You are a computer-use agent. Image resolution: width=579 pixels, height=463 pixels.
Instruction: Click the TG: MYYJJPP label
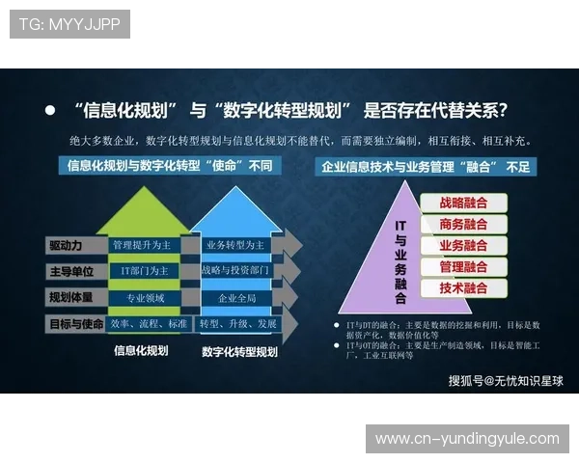click(69, 23)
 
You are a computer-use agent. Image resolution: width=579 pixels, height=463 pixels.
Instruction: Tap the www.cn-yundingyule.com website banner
click(467, 439)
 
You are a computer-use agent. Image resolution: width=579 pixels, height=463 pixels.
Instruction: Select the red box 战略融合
click(463, 204)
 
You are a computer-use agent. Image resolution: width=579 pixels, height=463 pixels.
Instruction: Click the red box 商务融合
click(463, 225)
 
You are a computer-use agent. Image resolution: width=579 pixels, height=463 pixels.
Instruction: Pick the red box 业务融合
click(463, 246)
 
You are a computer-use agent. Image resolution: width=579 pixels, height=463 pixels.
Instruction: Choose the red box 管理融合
click(463, 267)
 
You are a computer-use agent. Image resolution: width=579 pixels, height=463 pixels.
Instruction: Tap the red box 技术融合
click(463, 288)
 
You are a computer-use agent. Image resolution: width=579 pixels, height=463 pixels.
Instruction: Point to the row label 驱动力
click(73, 245)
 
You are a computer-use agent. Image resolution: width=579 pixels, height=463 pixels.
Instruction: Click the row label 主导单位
click(73, 271)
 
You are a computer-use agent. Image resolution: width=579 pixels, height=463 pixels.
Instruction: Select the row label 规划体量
click(73, 297)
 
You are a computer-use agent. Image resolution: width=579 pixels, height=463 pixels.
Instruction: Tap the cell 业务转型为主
click(234, 245)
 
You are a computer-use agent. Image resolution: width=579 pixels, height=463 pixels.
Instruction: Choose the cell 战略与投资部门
click(234, 271)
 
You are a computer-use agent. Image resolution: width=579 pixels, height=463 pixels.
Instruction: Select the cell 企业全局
click(234, 298)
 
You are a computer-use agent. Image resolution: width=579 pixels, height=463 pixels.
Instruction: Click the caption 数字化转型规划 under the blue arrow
click(239, 353)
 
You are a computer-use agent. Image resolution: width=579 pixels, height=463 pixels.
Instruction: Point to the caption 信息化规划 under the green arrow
click(141, 351)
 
